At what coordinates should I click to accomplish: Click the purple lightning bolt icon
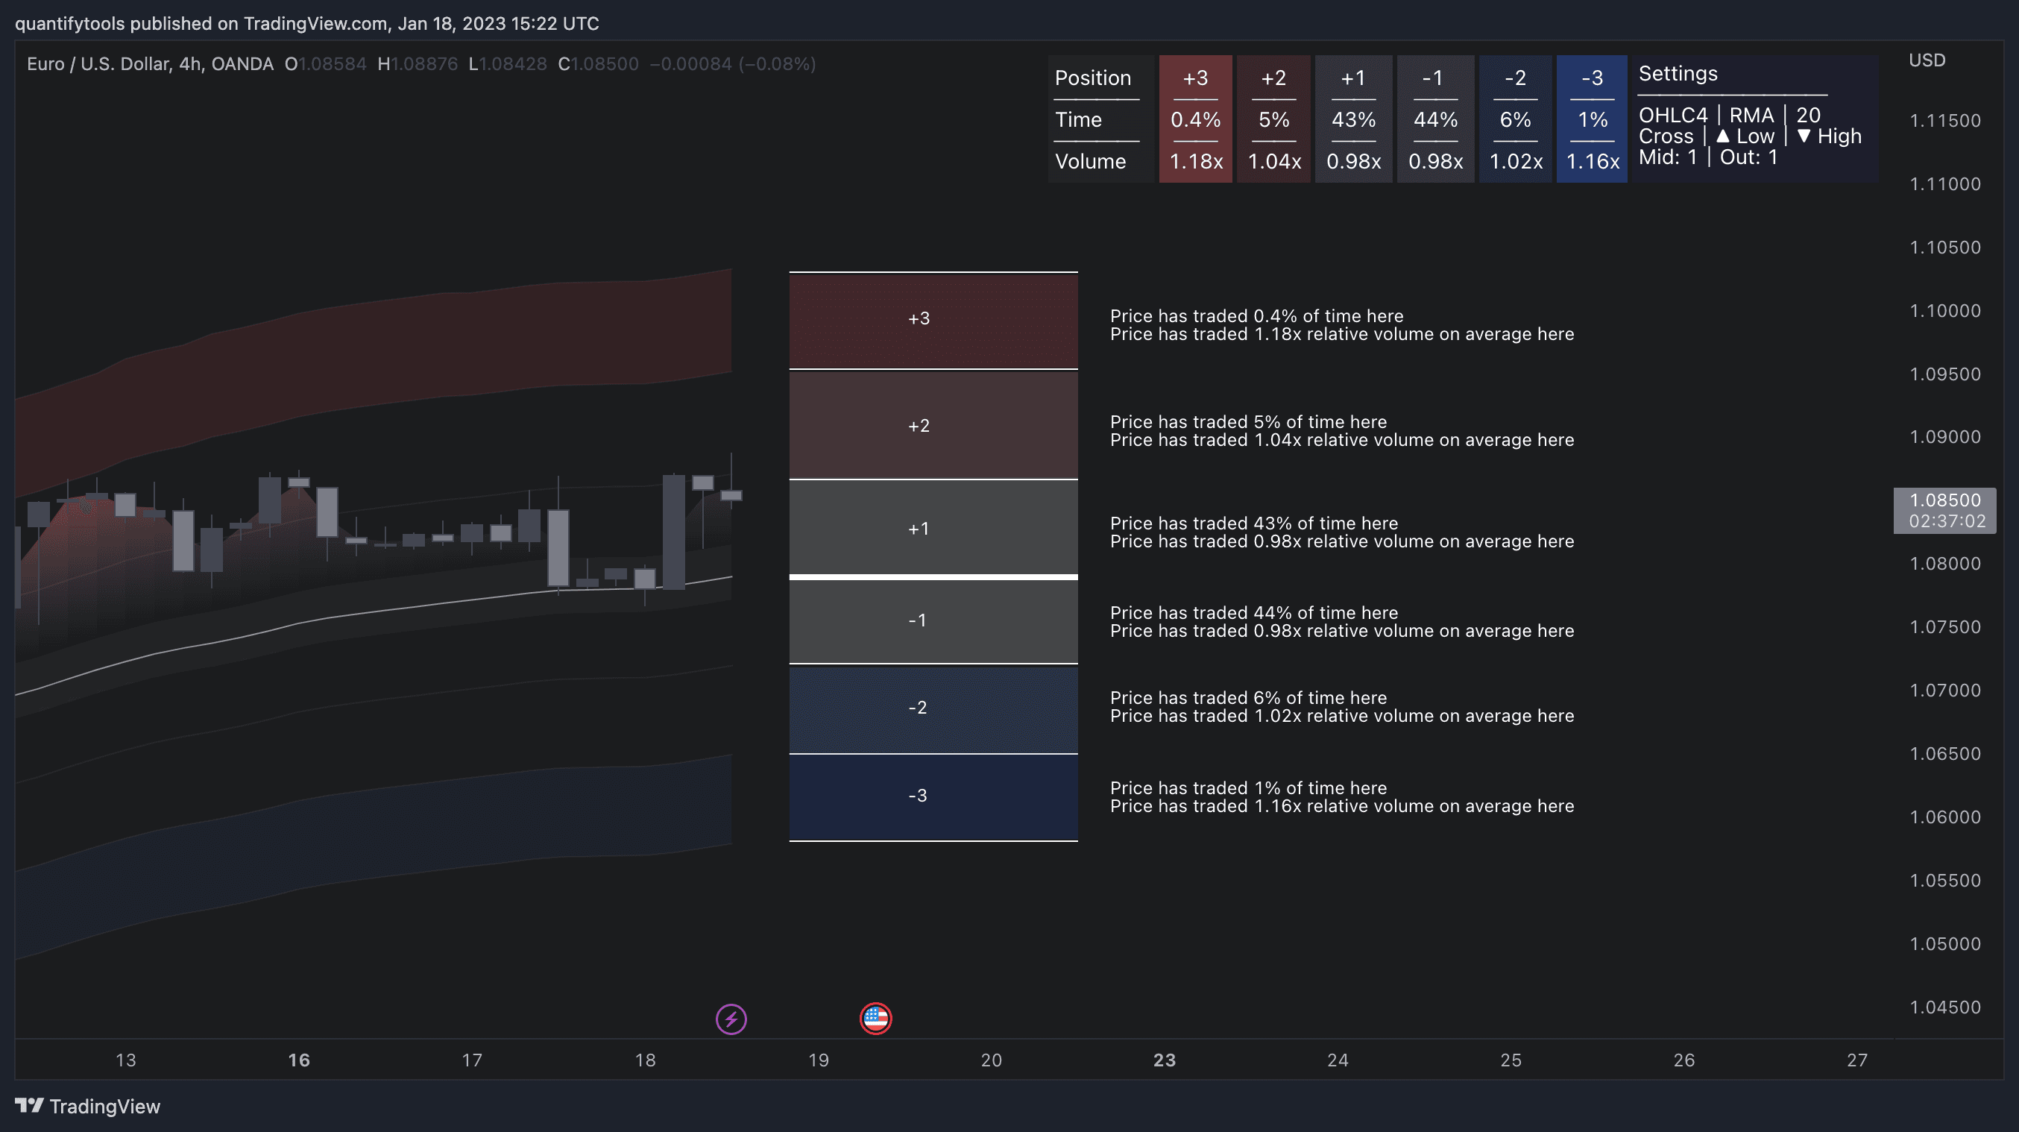[x=731, y=1019]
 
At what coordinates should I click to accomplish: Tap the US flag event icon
[x=875, y=1019]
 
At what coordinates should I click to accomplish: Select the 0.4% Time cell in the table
[x=1194, y=120]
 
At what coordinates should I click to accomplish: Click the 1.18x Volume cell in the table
[x=1195, y=162]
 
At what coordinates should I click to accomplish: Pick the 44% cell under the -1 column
[x=1434, y=120]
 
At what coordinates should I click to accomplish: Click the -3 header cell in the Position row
[x=1591, y=78]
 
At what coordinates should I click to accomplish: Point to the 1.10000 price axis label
[x=1944, y=310]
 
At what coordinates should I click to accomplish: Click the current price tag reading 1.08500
[x=1944, y=500]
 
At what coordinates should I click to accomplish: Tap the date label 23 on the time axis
[x=1164, y=1060]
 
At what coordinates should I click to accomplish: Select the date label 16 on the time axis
[x=299, y=1060]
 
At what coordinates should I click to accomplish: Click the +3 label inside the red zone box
[x=919, y=318]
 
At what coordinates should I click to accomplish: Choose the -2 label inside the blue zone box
[x=917, y=707]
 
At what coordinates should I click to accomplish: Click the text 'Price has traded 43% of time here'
[x=1253, y=523]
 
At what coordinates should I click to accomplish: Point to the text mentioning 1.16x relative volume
[x=1341, y=806]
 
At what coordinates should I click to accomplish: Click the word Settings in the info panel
[x=1678, y=74]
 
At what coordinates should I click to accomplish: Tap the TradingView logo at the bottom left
[x=87, y=1106]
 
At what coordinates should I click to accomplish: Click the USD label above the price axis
[x=1927, y=60]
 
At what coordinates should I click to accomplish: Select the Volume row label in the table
[x=1089, y=162]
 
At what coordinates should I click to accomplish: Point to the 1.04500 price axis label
[x=1944, y=1007]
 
